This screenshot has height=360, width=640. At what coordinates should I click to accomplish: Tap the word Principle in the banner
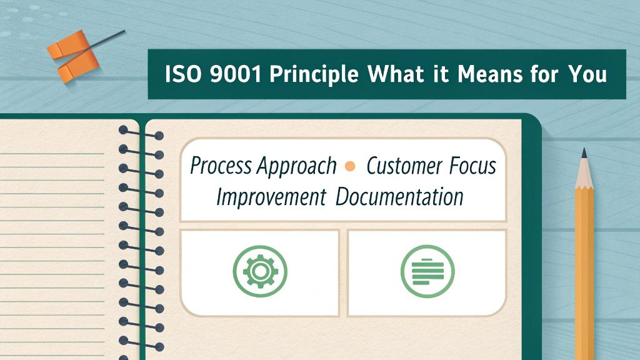(312, 74)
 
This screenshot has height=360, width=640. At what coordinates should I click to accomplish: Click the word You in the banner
(587, 74)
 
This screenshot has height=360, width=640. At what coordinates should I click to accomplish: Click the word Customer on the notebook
(403, 167)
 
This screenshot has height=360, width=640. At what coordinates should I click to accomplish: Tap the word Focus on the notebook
(472, 167)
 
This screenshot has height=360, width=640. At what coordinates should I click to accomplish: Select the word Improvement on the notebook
(271, 197)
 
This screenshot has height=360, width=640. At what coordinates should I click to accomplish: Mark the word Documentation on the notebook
(399, 197)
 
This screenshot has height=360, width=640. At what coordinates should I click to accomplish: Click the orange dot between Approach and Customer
(351, 167)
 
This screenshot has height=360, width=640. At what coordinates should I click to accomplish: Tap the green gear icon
(259, 271)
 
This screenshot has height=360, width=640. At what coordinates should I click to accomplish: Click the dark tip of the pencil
(584, 154)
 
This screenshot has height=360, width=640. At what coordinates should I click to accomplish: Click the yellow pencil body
(585, 262)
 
